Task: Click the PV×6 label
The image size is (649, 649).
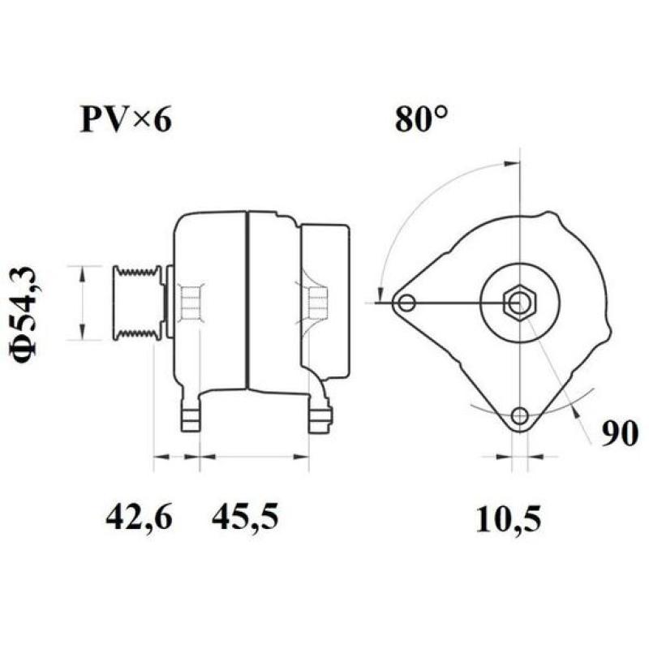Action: [x=126, y=120]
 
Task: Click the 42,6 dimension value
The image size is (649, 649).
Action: [x=139, y=517]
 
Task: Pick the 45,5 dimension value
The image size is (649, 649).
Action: [x=245, y=517]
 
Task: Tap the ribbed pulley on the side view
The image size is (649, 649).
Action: [x=138, y=303]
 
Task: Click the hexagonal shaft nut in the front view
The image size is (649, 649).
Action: [x=518, y=303]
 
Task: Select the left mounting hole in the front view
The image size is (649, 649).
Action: [x=406, y=303]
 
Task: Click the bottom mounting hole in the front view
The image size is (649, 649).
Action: [x=519, y=417]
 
